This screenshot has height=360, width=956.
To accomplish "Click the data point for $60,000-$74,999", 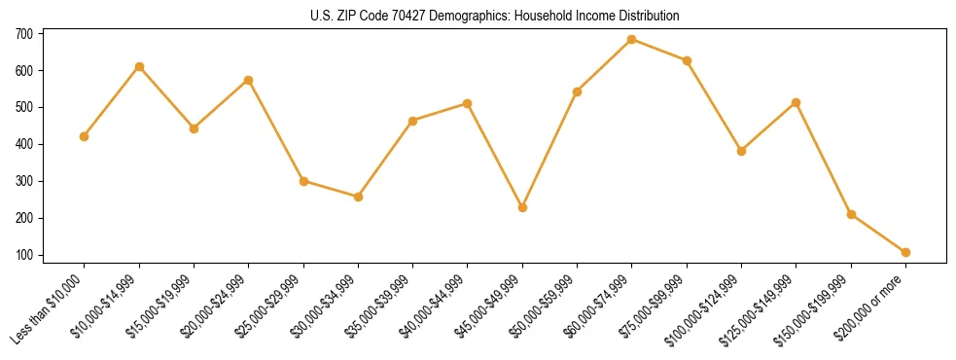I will (632, 40).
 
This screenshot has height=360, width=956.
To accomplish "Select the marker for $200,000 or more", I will (905, 252).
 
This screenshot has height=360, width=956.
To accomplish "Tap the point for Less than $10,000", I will (85, 136).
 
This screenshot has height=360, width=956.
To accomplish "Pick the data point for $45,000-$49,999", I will (522, 207).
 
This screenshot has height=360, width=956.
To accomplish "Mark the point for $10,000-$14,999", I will (139, 67).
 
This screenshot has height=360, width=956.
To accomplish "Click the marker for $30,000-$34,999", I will (358, 197).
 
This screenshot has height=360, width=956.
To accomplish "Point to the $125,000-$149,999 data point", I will (796, 102).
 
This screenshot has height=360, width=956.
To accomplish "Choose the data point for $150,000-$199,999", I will (851, 214).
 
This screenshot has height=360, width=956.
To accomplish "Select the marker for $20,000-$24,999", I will (249, 80).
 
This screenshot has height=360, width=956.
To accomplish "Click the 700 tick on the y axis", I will (24, 34).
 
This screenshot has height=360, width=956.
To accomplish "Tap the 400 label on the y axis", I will (24, 144).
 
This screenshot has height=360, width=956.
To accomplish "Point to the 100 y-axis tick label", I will (24, 255).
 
